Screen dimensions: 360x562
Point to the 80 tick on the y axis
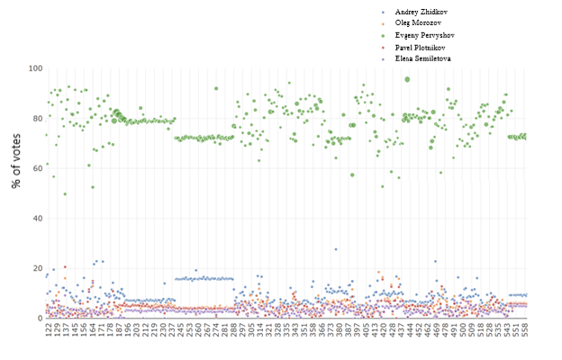point(35,119)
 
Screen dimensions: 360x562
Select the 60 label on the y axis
point(35,168)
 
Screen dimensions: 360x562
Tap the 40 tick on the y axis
point(35,219)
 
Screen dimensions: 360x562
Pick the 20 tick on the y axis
point(35,268)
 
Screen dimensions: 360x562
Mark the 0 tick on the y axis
point(38,319)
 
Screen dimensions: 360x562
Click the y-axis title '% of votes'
point(15,193)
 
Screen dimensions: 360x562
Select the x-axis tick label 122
point(48,333)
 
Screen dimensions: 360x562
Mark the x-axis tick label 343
point(295,333)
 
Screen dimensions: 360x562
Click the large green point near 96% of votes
point(407,79)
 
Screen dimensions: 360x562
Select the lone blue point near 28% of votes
point(336,249)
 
